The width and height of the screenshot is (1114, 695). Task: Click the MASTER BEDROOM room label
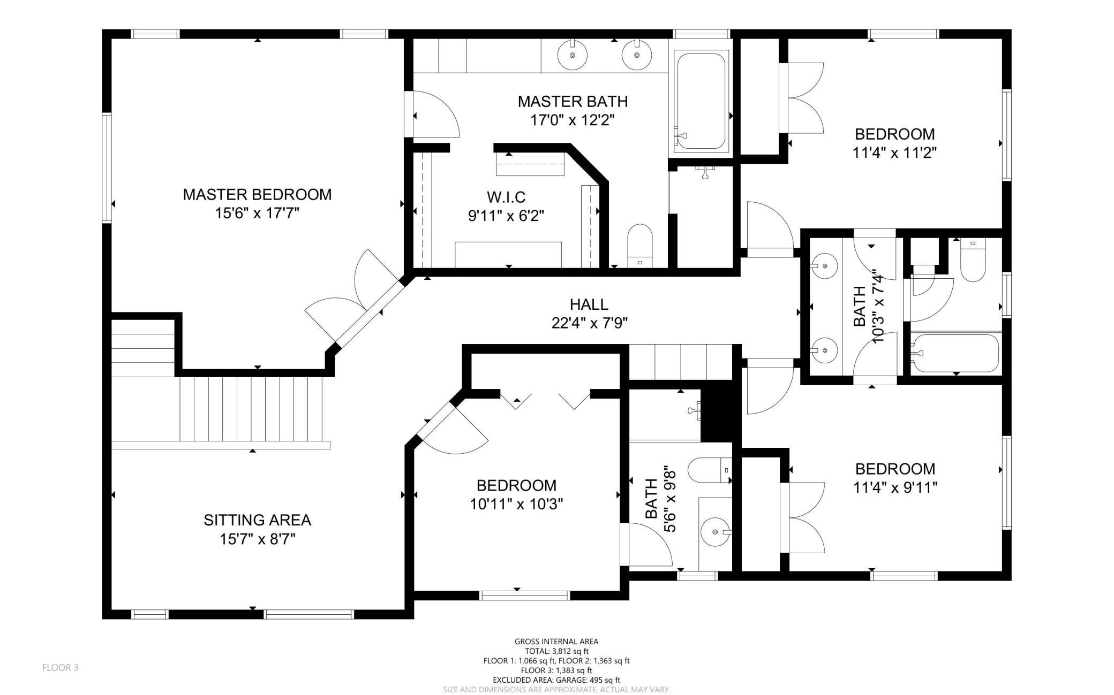point(257,194)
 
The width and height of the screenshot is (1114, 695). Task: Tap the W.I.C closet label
point(506,197)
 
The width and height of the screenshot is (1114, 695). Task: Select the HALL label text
point(589,304)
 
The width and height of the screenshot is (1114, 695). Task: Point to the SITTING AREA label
point(257,520)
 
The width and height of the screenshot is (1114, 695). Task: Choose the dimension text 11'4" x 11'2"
point(894,153)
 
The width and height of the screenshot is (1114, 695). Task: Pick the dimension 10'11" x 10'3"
point(516,504)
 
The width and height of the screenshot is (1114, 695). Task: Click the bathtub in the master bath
point(701,101)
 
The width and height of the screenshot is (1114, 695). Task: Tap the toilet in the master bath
point(640,245)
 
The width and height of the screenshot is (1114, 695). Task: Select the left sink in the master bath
point(572,54)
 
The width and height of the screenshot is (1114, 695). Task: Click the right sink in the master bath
point(637,54)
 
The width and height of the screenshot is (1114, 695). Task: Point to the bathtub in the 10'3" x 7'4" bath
point(955,353)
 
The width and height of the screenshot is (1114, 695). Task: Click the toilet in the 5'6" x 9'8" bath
point(710,470)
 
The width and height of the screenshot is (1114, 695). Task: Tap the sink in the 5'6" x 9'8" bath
point(716,532)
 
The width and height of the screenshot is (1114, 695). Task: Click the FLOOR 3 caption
point(60,668)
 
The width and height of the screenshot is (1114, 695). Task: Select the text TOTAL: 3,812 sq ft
point(556,651)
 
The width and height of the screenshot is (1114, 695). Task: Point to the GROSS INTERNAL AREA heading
point(556,641)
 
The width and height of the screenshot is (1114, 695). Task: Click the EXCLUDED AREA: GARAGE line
point(556,680)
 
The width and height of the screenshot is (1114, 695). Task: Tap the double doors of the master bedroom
point(353,300)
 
